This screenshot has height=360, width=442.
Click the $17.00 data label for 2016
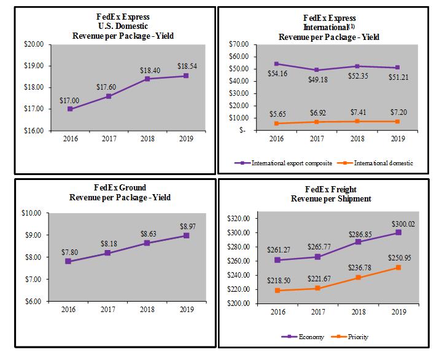point(69,99)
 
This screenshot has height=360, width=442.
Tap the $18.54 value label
point(187,65)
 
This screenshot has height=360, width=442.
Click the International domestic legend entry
point(378,163)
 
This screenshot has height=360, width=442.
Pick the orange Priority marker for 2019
point(398,267)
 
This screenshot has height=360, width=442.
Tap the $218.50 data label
point(276,281)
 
